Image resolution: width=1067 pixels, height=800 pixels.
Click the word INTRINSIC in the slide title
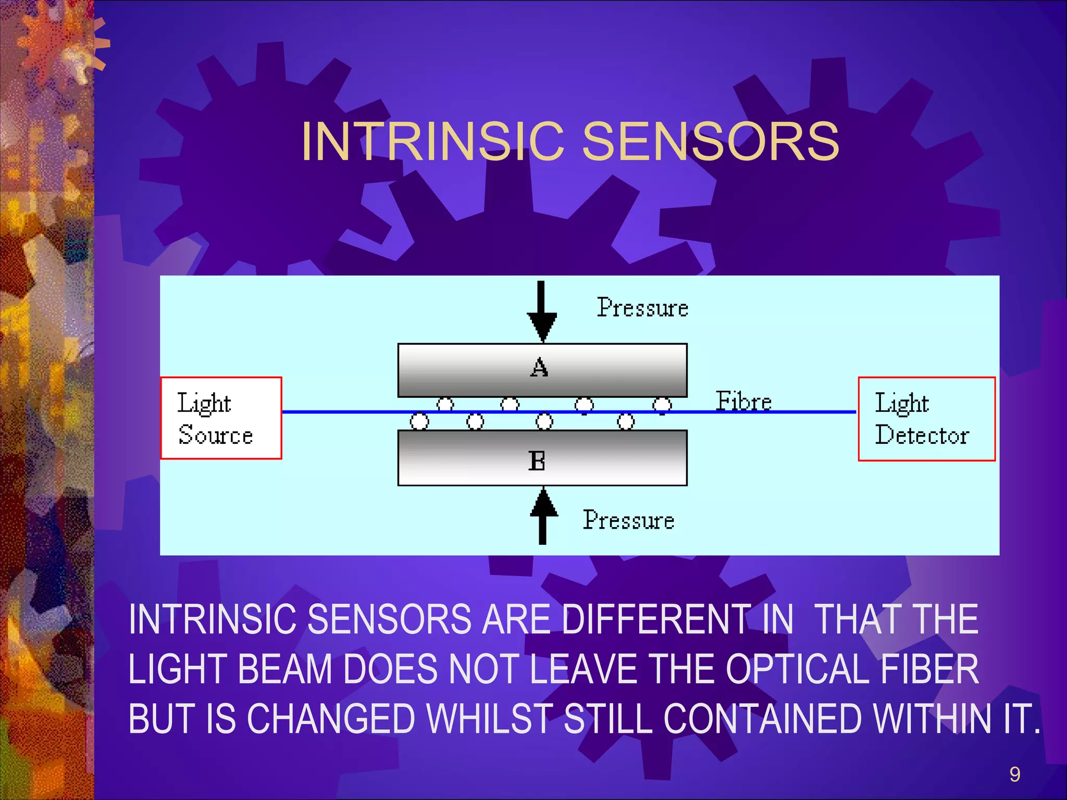pyautogui.click(x=432, y=141)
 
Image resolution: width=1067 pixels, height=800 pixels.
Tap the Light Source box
pyautogui.click(x=221, y=418)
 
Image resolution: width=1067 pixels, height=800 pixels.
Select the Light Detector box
pyautogui.click(x=926, y=419)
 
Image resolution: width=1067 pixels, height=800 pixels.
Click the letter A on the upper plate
pyautogui.click(x=540, y=368)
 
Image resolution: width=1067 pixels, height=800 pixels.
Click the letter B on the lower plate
pyautogui.click(x=537, y=461)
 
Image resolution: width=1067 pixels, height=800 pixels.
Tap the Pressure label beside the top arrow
pyautogui.click(x=642, y=308)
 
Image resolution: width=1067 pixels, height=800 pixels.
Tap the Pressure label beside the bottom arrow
pyautogui.click(x=628, y=520)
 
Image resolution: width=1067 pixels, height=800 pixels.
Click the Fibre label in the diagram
pyautogui.click(x=743, y=401)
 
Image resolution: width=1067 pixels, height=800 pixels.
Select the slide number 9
pyautogui.click(x=1014, y=774)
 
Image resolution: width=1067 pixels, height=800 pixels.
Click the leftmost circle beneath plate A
pyautogui.click(x=445, y=404)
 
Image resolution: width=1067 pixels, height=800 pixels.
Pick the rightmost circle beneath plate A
pyautogui.click(x=662, y=405)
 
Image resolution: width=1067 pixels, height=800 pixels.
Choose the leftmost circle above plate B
pyautogui.click(x=419, y=421)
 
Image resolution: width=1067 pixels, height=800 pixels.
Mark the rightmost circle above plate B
pyautogui.click(x=626, y=421)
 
